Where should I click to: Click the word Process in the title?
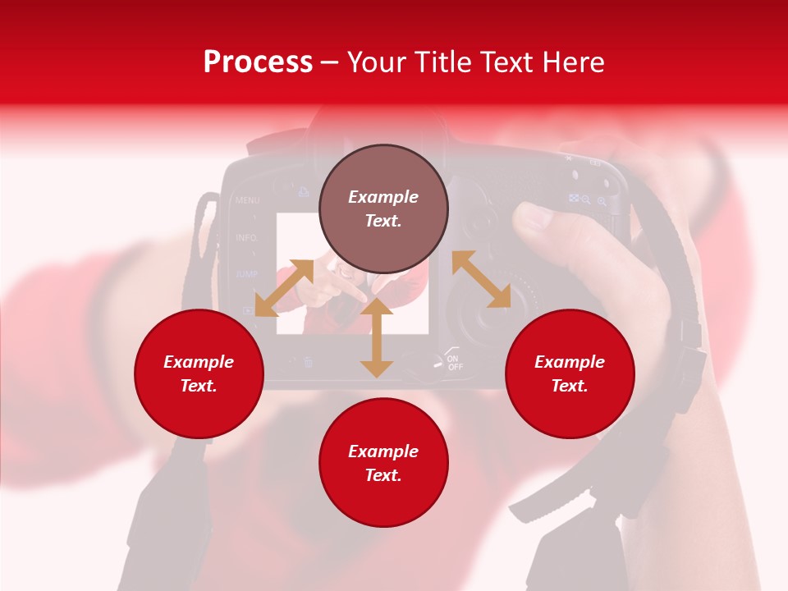click(258, 62)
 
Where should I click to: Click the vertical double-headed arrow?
click(377, 337)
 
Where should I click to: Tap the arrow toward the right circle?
click(481, 279)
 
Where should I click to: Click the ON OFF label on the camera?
click(454, 362)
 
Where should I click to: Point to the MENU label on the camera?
click(247, 200)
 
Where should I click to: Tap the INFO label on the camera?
click(246, 238)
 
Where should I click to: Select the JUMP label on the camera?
click(246, 274)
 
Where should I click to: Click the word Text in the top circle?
click(383, 222)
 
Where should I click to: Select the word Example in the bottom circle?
click(383, 451)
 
